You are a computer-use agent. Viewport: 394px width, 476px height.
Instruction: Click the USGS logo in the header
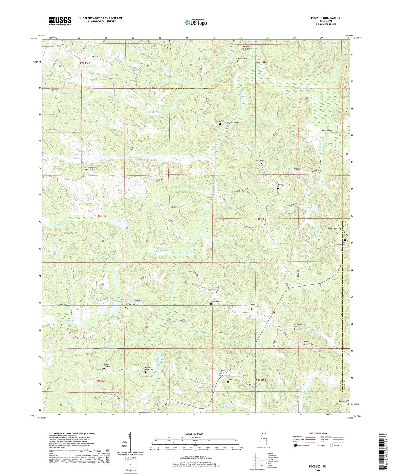tap(60, 21)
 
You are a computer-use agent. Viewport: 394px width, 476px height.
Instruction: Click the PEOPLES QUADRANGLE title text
tap(326, 18)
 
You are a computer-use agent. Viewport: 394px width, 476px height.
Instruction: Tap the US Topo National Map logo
tap(196, 22)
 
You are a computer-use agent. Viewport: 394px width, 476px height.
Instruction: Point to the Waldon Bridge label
tap(233, 123)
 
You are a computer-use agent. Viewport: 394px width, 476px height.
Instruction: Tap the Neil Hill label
tap(308, 98)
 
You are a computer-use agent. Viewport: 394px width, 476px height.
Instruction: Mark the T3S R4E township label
tap(101, 216)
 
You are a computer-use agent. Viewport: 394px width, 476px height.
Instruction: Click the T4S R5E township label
tap(261, 380)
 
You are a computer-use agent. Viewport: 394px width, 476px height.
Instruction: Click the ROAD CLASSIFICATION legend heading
tap(318, 433)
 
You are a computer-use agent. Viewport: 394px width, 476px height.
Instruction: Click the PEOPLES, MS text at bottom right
tap(317, 466)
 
